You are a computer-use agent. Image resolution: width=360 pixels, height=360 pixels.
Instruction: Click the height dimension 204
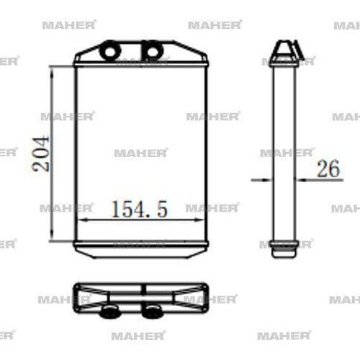coord(42,152)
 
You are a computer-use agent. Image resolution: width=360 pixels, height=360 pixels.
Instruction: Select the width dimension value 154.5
coord(140,210)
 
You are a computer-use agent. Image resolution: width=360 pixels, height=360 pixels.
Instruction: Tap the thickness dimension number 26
coord(328,169)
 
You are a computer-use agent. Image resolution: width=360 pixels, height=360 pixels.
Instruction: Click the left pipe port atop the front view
coord(110,51)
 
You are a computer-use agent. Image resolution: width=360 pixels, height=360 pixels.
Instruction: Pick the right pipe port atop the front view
coord(152,51)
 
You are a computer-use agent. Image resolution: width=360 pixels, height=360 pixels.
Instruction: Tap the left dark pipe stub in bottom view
coord(110,310)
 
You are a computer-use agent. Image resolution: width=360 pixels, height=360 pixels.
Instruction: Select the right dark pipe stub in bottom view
coord(152,310)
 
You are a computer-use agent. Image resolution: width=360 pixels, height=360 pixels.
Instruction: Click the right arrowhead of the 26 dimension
coord(299,179)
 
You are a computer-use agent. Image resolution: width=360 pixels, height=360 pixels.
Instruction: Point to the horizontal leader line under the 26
coord(324,179)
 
